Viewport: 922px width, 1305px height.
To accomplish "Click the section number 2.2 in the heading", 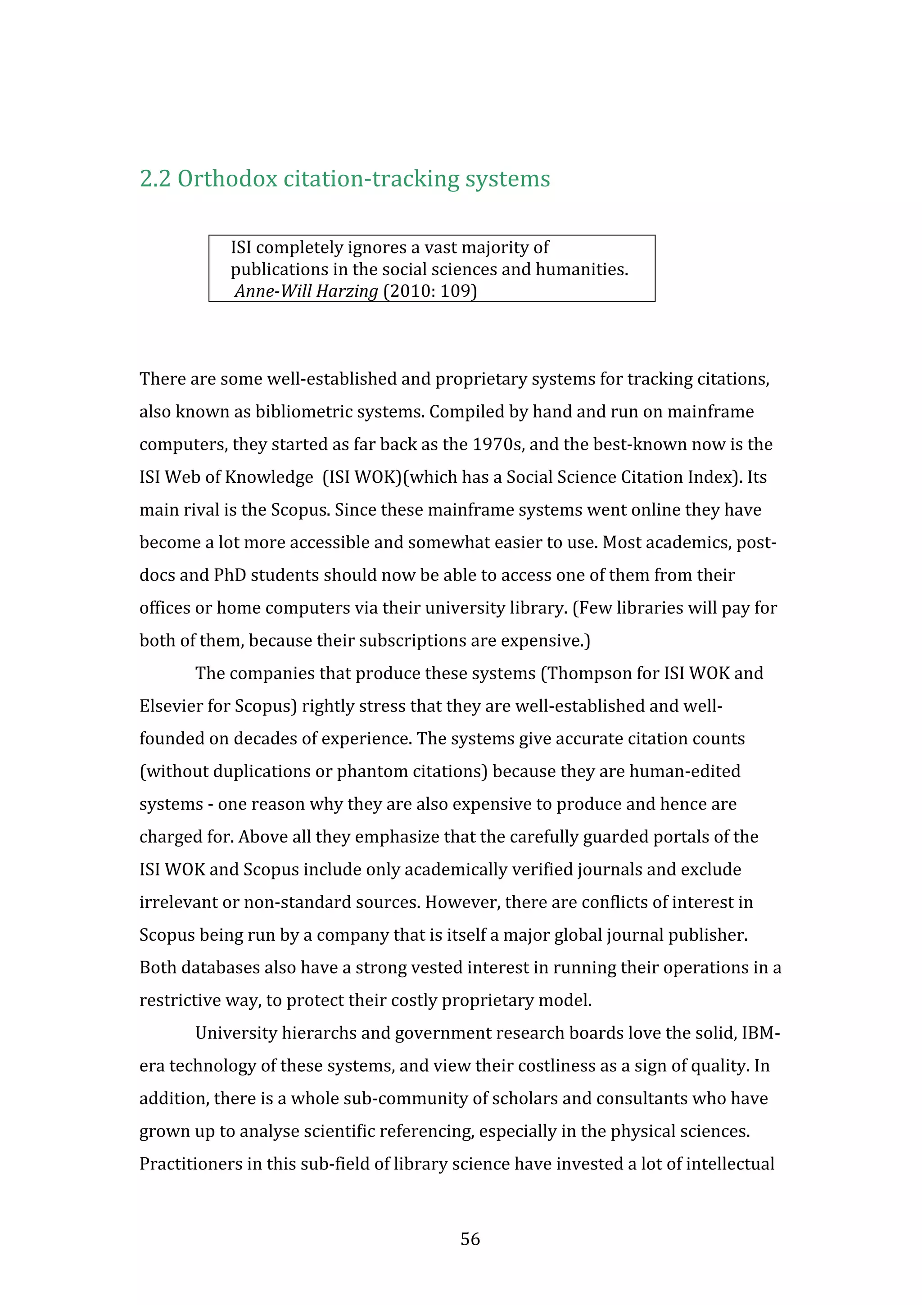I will click(155, 179).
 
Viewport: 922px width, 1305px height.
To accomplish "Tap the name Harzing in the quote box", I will click(347, 291).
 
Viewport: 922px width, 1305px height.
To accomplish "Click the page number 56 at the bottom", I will click(470, 1238).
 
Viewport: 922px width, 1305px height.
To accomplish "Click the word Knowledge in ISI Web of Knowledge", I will click(269, 477).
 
